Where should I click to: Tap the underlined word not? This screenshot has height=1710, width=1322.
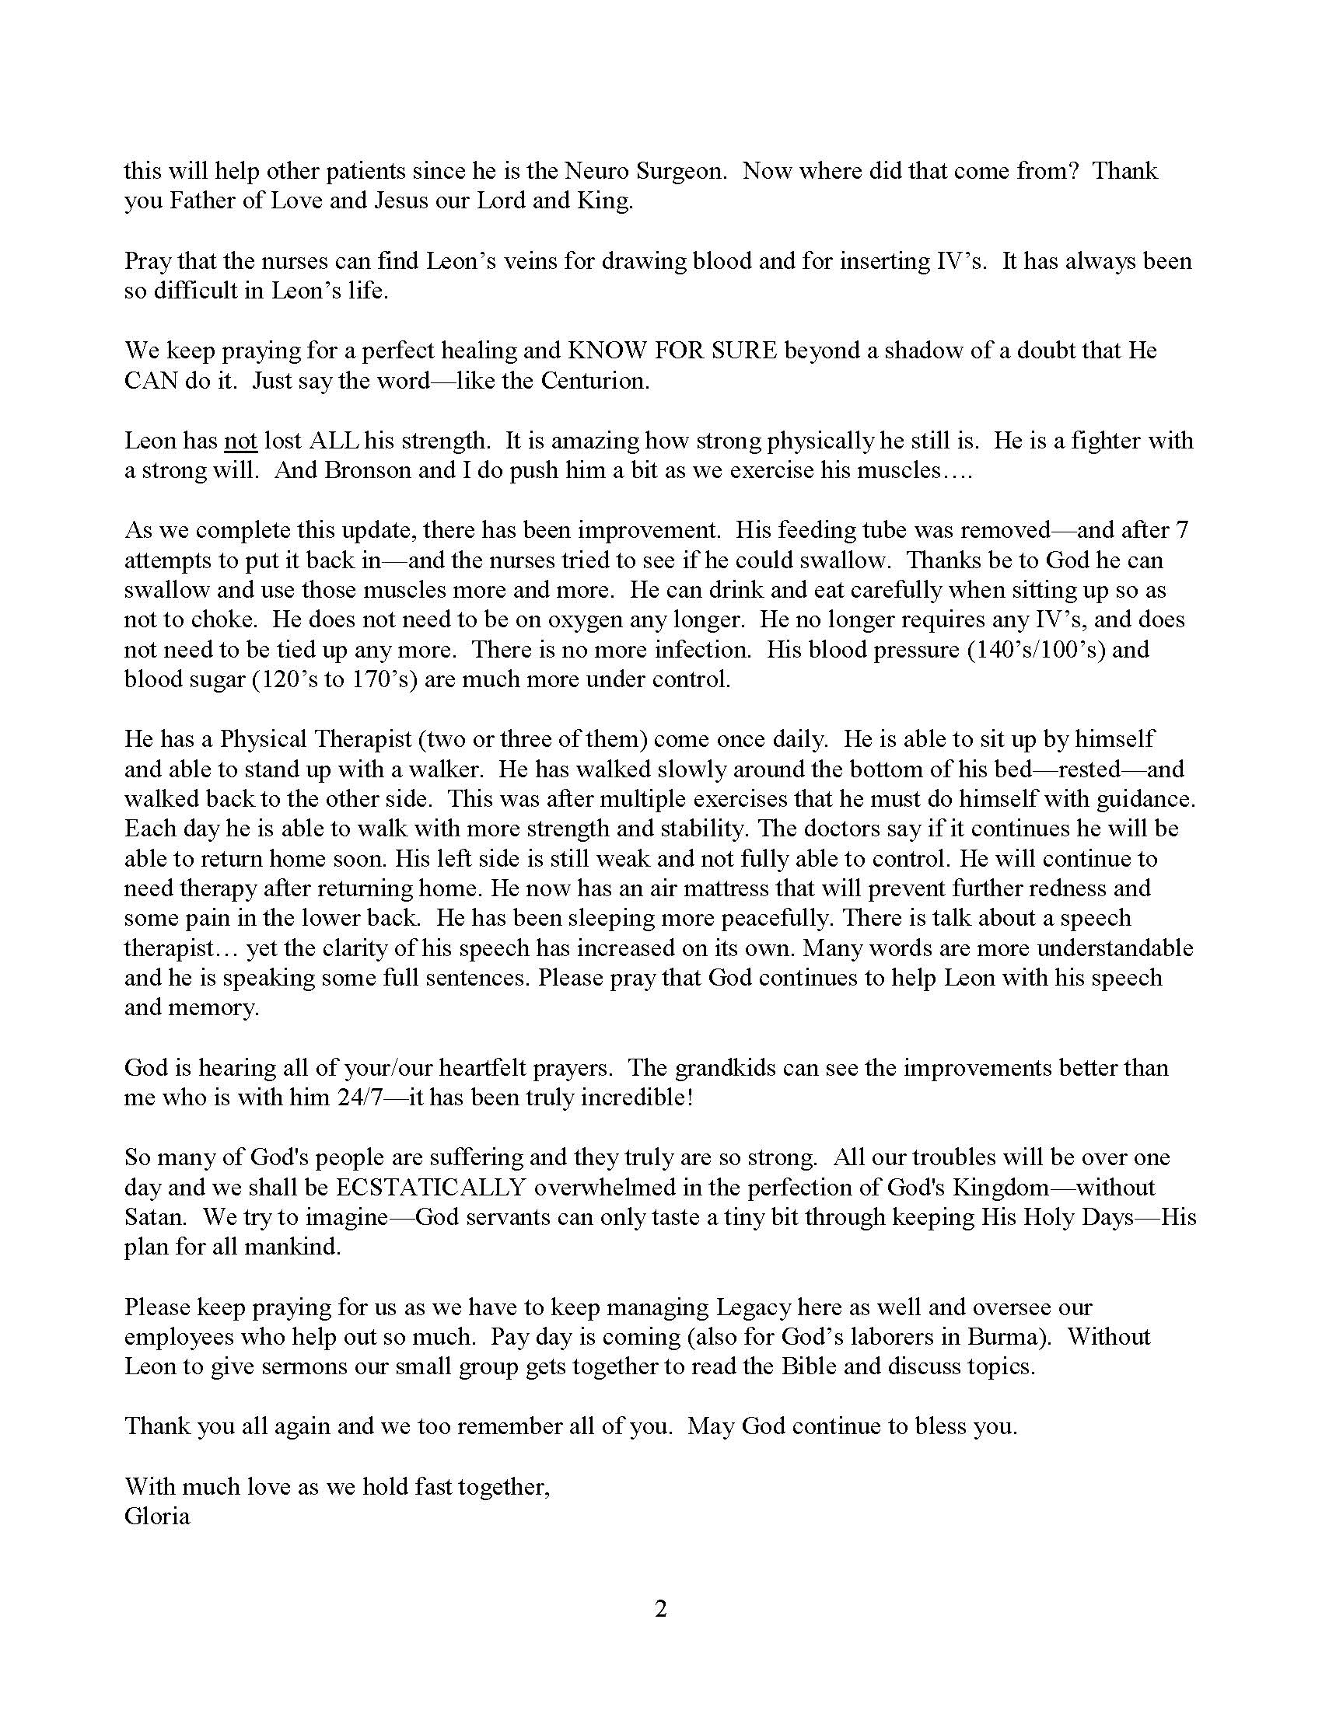(x=240, y=441)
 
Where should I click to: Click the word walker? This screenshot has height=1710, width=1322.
(x=447, y=769)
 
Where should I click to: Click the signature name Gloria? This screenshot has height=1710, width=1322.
(x=156, y=1516)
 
